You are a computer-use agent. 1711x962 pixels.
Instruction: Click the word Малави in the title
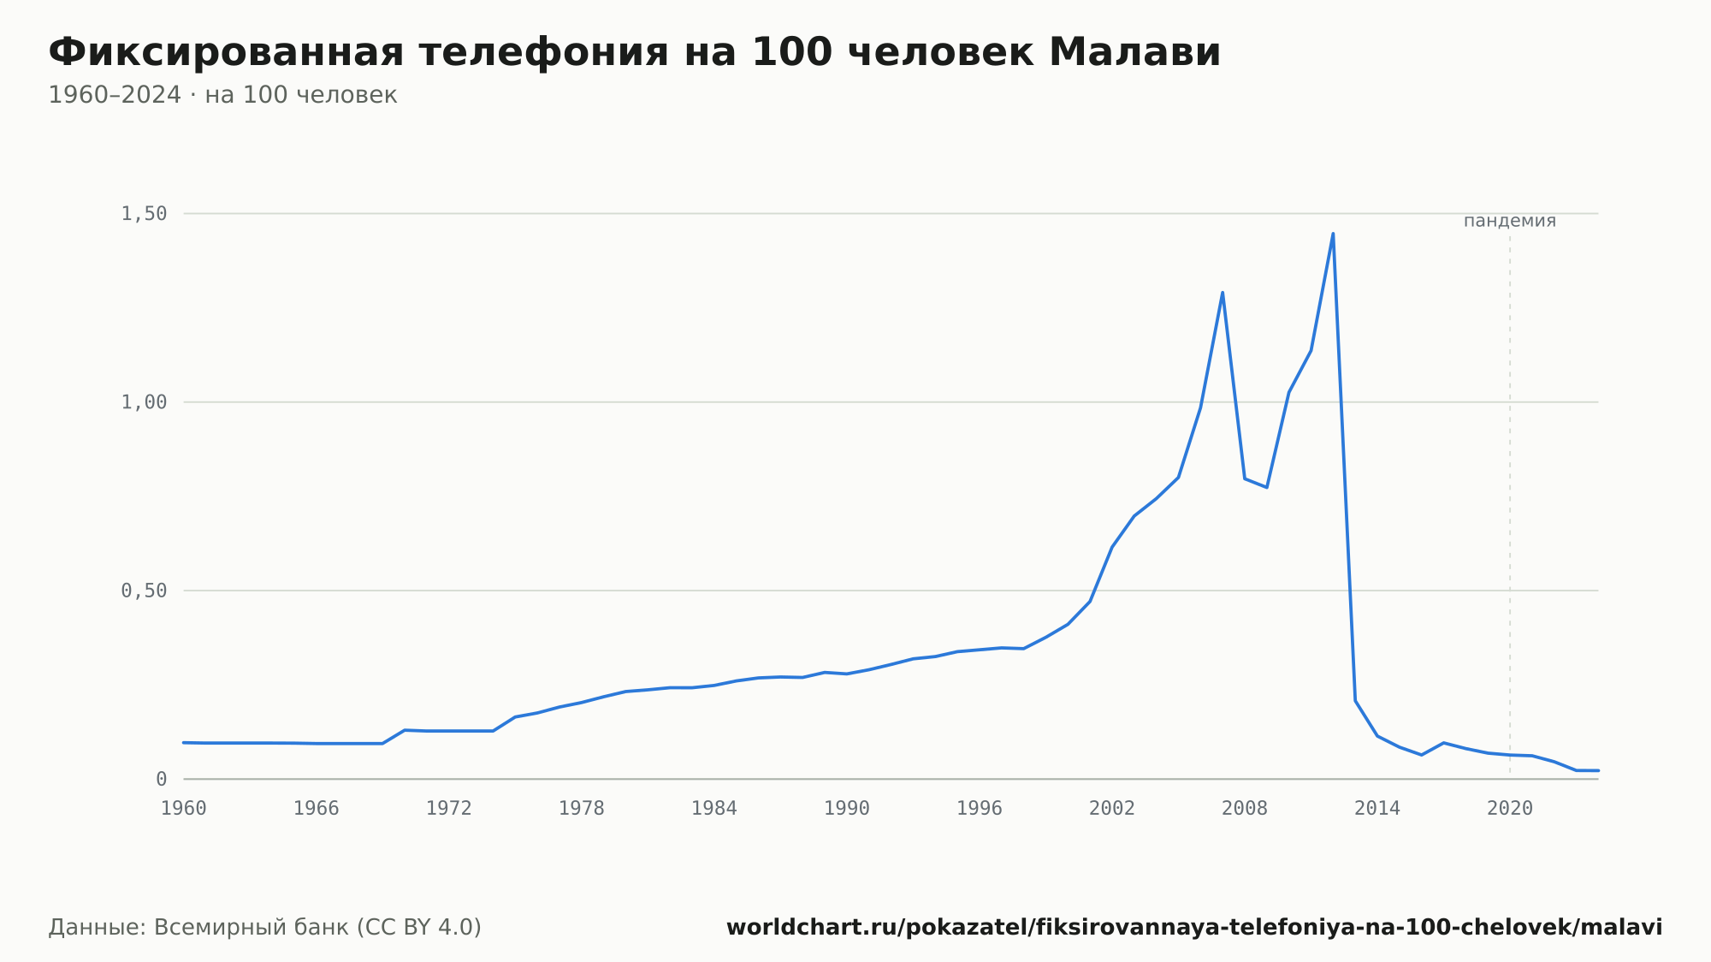[x=1134, y=52]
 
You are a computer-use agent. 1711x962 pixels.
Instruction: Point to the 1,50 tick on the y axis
[x=144, y=214]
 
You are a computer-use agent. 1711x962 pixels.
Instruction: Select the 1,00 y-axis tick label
[x=144, y=402]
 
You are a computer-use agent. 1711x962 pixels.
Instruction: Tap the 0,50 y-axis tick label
[x=144, y=591]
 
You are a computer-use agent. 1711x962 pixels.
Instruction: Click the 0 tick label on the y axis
[x=162, y=779]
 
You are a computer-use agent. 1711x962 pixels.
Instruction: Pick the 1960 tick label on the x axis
[x=184, y=809]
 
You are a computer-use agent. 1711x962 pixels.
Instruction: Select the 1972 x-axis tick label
[x=449, y=809]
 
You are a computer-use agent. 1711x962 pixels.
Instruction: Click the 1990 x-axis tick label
[x=847, y=809]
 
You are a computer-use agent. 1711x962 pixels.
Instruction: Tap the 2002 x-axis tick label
[x=1112, y=809]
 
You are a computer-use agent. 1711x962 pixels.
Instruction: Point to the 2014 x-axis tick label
[x=1377, y=809]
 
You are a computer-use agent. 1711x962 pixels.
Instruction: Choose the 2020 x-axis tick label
[x=1510, y=809]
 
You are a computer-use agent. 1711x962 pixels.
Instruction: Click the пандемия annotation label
[x=1510, y=221]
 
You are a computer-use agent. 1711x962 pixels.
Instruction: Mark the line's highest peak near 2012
[x=1333, y=234]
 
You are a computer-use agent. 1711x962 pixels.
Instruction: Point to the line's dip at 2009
[x=1267, y=487]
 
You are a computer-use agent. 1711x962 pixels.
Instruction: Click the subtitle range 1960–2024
[x=115, y=95]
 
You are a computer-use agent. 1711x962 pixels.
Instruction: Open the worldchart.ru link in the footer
[x=1194, y=928]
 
